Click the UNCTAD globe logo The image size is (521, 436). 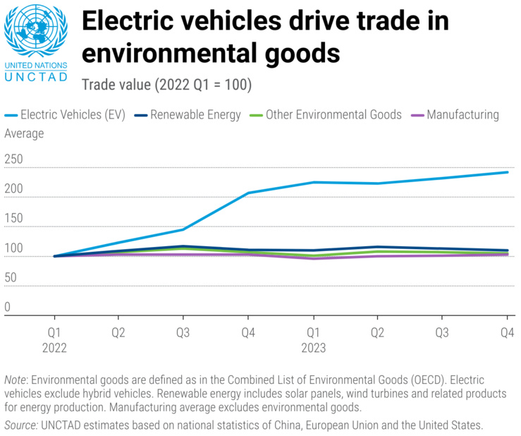(36, 32)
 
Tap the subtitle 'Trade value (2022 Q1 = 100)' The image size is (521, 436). (166, 85)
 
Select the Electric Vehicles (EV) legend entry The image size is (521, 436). (65, 114)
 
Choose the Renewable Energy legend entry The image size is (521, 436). (188, 114)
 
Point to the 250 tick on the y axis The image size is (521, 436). (14, 160)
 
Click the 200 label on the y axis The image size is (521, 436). (14, 190)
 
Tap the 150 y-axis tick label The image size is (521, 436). (14, 219)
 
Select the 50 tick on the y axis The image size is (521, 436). (11, 278)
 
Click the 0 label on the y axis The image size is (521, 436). (8, 308)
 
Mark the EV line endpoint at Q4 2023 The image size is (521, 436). (507, 172)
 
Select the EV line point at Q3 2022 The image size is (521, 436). (183, 229)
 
